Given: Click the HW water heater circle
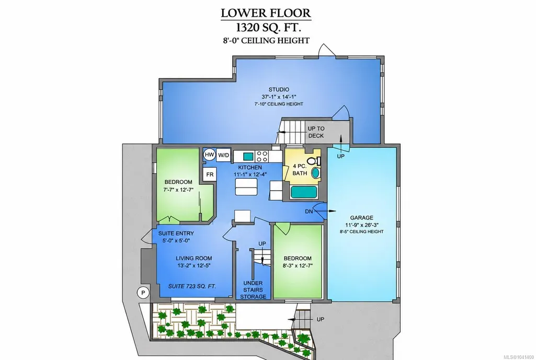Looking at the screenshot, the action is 210,155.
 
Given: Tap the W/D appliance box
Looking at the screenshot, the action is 224,155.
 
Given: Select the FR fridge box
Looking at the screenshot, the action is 210,174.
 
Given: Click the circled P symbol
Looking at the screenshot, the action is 143,293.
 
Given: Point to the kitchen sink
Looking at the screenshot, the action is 248,157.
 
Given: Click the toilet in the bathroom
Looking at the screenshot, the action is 314,160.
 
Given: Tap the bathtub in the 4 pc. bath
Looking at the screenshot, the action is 304,192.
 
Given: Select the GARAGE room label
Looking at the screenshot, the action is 361,217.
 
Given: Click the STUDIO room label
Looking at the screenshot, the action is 279,89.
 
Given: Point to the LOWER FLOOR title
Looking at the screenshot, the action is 266,13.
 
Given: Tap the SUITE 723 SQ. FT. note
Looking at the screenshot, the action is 192,286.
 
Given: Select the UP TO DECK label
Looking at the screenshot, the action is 316,132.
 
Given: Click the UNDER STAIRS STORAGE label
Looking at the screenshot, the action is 253,289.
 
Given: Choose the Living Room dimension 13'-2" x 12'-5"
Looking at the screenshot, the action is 194,265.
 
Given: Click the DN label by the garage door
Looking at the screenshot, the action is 309,212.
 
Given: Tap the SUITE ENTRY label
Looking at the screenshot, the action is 176,233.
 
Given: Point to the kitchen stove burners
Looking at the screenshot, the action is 262,156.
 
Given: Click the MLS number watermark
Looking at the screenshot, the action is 521,356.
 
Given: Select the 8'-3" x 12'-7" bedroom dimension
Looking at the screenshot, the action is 298,265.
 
